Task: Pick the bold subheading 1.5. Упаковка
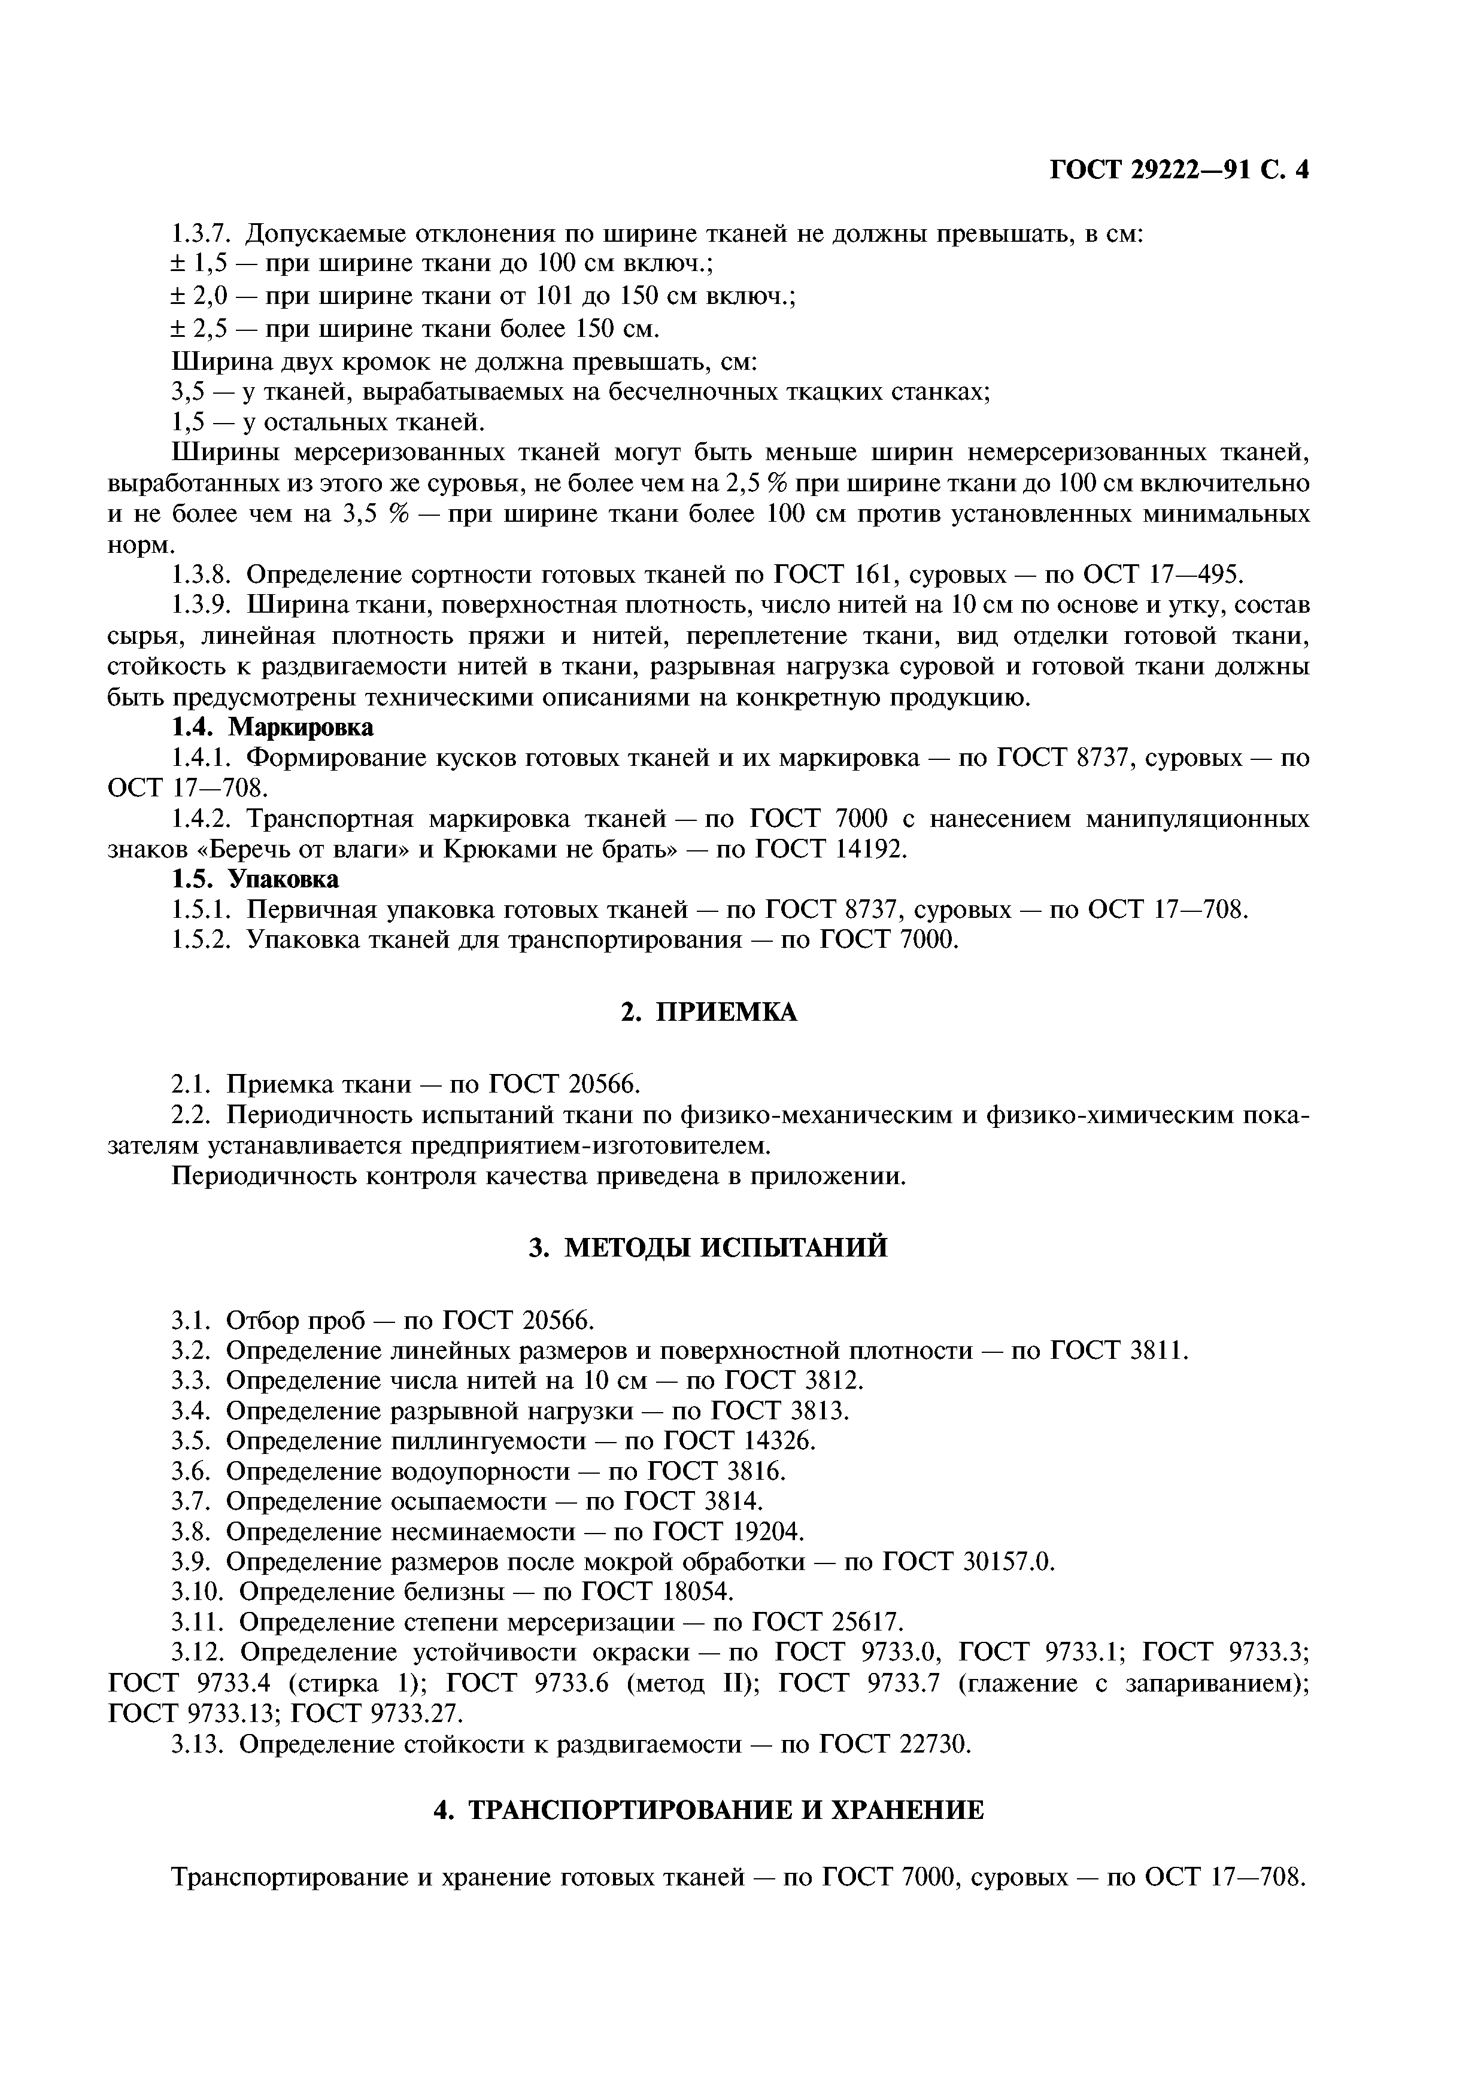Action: (x=255, y=880)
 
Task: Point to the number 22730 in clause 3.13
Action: (x=933, y=1744)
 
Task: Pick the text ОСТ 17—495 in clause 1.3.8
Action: (x=1163, y=575)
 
